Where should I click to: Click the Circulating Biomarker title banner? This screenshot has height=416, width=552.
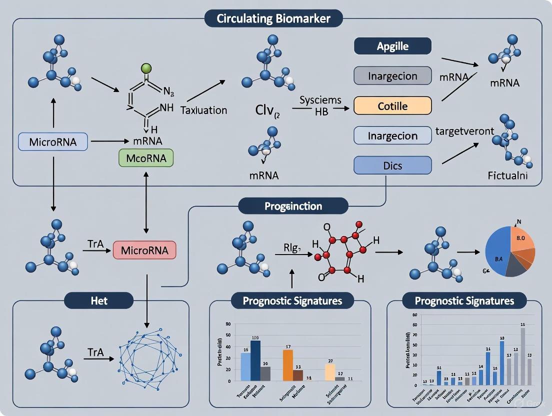tap(273, 19)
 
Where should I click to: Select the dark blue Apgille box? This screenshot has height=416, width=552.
tap(392, 46)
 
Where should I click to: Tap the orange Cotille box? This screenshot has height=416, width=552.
tap(392, 106)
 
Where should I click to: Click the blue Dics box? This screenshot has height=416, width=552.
tap(392, 165)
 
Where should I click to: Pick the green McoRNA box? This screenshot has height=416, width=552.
tap(146, 158)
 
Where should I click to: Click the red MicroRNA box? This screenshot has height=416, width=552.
tap(145, 249)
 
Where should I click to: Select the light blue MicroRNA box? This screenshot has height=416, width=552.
tap(52, 141)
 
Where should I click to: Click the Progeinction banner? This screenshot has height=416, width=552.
tap(293, 206)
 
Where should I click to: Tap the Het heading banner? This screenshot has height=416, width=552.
tap(99, 300)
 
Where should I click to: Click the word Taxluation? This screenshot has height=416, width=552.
tap(203, 110)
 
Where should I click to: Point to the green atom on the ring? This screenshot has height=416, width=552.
tap(146, 68)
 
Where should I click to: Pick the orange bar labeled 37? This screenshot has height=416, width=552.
tap(288, 365)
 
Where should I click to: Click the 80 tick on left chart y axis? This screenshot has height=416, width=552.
tap(228, 324)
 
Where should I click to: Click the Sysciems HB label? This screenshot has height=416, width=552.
tap(320, 105)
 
